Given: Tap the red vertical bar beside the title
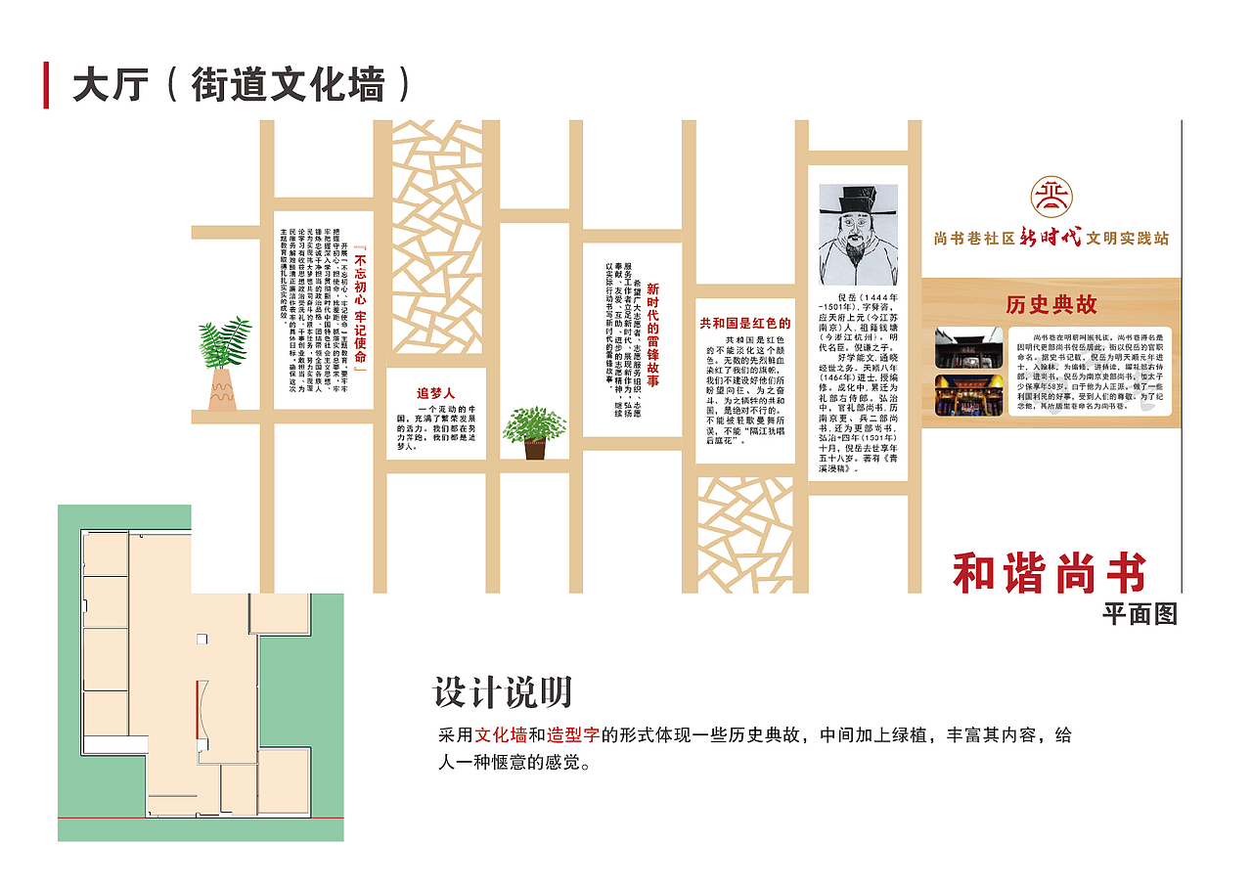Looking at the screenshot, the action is (46, 84).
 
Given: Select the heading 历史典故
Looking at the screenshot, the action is (1051, 305).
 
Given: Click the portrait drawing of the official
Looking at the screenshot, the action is (857, 234).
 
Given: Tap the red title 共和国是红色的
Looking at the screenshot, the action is (744, 323).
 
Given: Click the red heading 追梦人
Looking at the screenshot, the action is (435, 393).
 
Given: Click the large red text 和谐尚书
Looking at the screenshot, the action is (1050, 572).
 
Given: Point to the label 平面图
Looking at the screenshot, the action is (1140, 614).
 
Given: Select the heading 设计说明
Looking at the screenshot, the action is (502, 692).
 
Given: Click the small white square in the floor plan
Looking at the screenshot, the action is (201, 639).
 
